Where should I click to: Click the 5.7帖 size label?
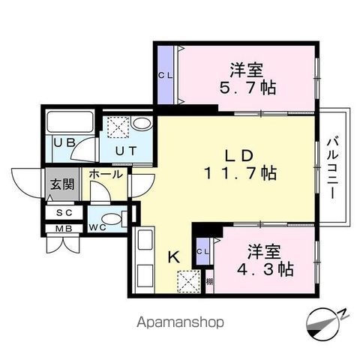[x=247, y=88]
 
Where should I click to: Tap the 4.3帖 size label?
[x=265, y=269]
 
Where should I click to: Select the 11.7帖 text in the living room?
[x=241, y=173]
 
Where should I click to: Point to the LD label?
[x=239, y=155]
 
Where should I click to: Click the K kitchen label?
[x=173, y=256]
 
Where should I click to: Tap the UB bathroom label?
[x=64, y=142]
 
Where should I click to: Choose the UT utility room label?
[x=126, y=151]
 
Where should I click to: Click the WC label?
[x=97, y=227]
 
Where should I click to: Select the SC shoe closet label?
[x=64, y=213]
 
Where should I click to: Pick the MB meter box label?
[x=64, y=229]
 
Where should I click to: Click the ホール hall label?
[x=106, y=174]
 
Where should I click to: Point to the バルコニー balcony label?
[x=333, y=169]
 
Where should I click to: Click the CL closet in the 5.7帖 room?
[x=166, y=76]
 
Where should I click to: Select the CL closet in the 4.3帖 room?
[x=202, y=252]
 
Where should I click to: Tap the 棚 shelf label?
[x=210, y=282]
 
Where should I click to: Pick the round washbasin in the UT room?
[x=142, y=124]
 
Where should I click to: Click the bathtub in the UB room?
[x=70, y=122]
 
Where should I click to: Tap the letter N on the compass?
[x=343, y=313]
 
